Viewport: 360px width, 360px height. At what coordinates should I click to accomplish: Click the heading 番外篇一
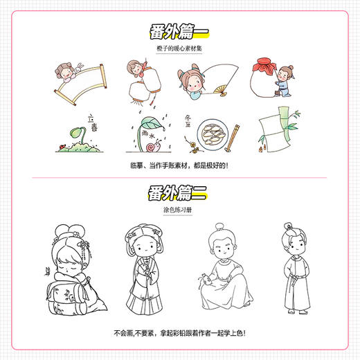179,32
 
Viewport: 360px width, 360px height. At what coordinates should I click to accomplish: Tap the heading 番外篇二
179,191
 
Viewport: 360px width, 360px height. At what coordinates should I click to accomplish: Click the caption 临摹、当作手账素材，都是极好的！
179,166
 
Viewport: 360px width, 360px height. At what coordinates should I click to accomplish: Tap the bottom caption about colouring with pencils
179,334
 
